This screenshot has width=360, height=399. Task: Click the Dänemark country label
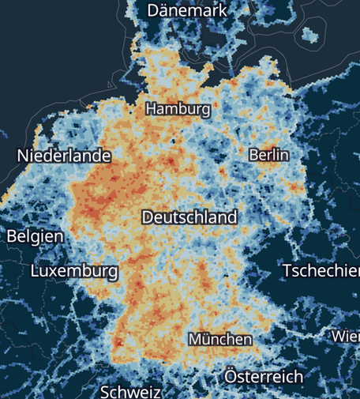pos(187,10)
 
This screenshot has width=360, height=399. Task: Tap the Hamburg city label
pos(178,109)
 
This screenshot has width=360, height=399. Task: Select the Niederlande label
pos(64,156)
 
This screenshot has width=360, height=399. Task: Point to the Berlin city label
pos(268,155)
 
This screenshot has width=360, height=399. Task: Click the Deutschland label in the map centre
pos(189,216)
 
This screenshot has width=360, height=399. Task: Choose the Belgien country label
pos(36,236)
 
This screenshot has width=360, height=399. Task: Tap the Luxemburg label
pos(74,271)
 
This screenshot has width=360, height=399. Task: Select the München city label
pos(220,339)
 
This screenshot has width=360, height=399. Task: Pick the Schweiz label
pos(131,392)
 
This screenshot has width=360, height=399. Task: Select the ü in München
pos(208,339)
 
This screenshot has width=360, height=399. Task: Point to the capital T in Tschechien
pos(287,270)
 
